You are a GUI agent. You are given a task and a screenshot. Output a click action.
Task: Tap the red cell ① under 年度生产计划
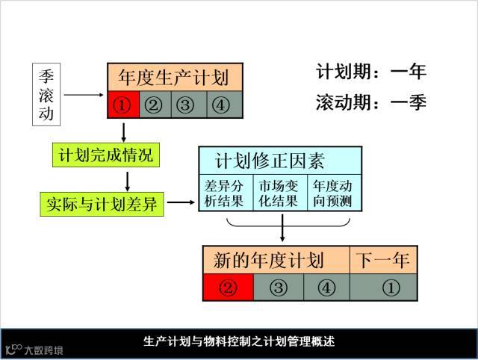tap(122, 105)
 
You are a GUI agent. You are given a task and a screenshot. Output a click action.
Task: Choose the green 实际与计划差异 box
tap(102, 202)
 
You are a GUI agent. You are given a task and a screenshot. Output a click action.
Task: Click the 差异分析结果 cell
tap(226, 193)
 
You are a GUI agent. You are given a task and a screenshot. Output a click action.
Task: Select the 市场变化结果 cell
tap(279, 193)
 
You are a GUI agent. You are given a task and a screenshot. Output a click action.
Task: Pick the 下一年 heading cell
tap(382, 260)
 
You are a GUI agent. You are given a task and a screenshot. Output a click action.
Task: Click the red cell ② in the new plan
tap(229, 287)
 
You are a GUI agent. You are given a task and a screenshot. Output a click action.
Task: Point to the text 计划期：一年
tap(370, 72)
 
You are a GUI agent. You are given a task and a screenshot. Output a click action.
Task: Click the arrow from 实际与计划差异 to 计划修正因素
tap(181, 202)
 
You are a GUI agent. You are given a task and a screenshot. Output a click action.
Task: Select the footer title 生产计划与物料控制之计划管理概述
tap(239, 342)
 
